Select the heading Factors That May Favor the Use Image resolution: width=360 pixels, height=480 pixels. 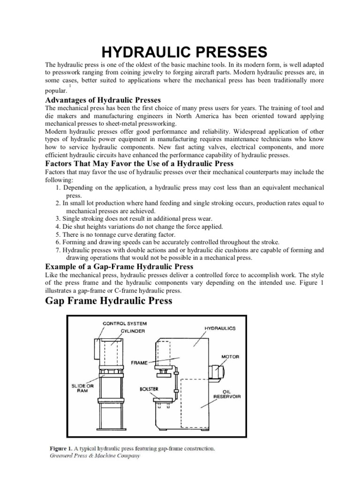click(139, 164)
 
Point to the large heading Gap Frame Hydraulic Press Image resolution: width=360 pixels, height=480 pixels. click(108, 301)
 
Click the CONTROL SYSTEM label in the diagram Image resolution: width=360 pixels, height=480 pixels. click(124, 323)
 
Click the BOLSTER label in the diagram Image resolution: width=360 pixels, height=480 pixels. click(149, 389)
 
